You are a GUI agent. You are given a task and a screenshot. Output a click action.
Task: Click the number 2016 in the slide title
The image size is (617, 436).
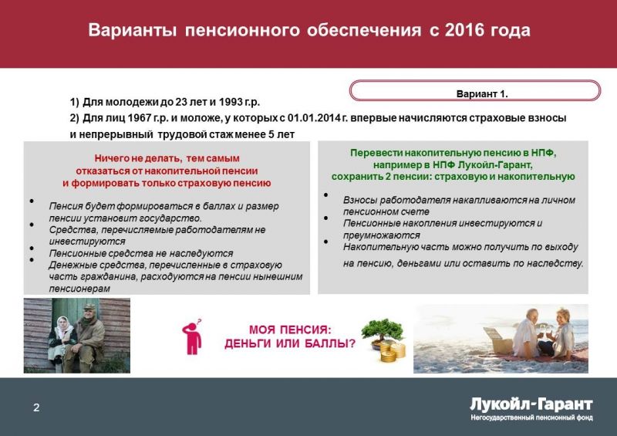click(464, 30)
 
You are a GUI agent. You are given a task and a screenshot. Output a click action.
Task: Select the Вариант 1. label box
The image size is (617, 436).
click(475, 90)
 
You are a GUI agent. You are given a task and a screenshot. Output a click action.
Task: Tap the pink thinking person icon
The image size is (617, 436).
click(192, 336)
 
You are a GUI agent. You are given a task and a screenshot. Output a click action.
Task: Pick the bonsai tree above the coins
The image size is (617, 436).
click(383, 332)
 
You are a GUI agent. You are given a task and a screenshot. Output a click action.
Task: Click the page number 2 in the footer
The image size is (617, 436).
click(36, 407)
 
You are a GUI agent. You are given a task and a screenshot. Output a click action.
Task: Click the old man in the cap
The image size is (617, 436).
click(86, 338)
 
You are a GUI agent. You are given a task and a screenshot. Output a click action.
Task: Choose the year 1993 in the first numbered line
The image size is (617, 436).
click(231, 102)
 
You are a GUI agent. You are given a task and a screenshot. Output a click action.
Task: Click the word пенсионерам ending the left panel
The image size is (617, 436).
click(79, 289)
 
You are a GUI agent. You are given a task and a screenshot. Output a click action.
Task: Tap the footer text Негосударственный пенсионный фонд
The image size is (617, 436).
click(531, 417)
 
